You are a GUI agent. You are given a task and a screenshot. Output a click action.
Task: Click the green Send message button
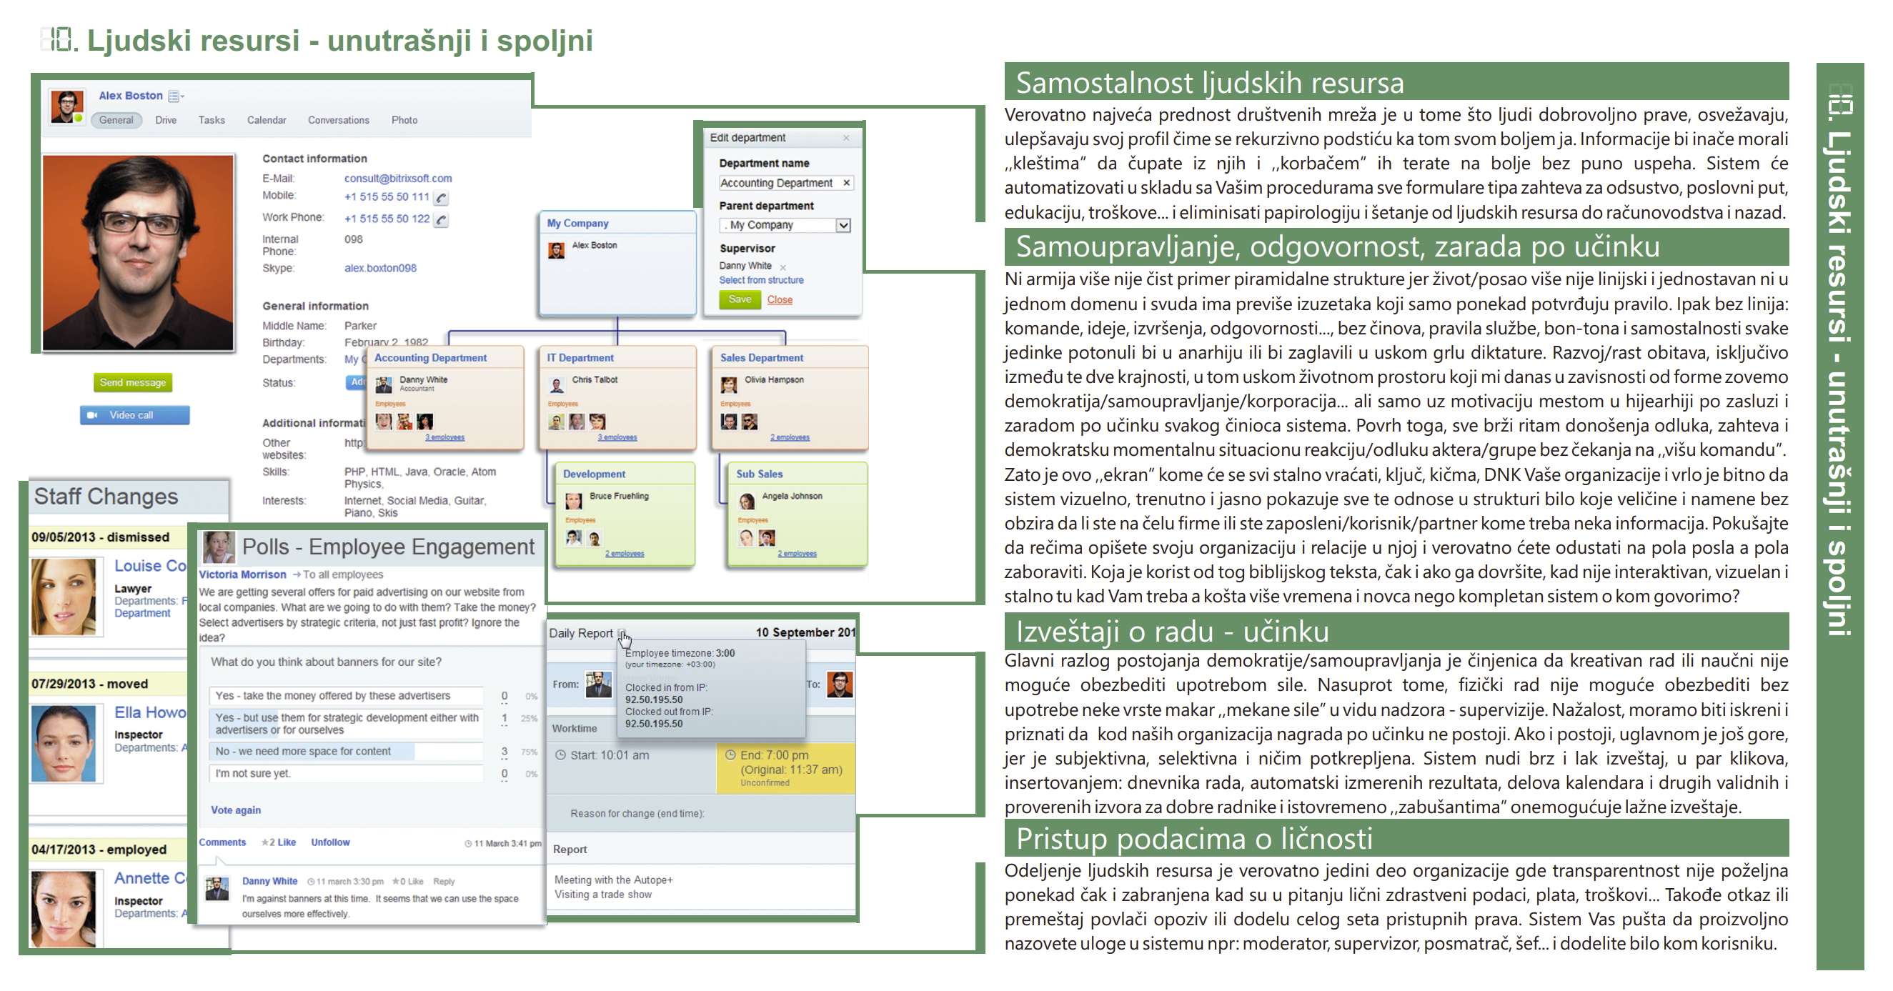(133, 382)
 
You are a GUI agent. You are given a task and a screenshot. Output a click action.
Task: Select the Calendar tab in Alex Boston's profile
(266, 120)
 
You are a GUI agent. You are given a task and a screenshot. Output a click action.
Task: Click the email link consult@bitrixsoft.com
(397, 178)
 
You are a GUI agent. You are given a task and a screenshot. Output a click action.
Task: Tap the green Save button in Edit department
(740, 299)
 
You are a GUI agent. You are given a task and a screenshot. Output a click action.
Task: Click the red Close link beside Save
(780, 299)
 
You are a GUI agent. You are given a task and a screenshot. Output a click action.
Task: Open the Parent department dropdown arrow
(844, 225)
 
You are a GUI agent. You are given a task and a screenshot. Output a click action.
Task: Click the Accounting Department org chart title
(431, 358)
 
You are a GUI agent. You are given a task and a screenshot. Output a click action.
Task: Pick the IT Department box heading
(580, 358)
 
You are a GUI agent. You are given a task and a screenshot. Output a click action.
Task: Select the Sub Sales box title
(759, 474)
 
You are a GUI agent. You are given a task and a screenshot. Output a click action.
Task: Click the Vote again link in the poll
(235, 810)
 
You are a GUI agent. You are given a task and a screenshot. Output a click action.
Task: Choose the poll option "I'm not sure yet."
(252, 773)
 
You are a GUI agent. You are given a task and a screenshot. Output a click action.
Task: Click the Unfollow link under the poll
(330, 842)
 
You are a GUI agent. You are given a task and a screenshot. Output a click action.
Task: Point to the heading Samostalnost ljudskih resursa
(1210, 82)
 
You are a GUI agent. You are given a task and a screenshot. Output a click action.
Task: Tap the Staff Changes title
(106, 497)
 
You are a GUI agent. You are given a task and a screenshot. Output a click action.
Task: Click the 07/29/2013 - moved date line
(89, 683)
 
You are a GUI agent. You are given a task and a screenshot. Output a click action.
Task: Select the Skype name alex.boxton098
(380, 268)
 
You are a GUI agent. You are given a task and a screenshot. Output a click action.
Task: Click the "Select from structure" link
(760, 280)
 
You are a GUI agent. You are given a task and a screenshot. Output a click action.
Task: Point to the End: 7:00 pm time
(774, 755)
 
